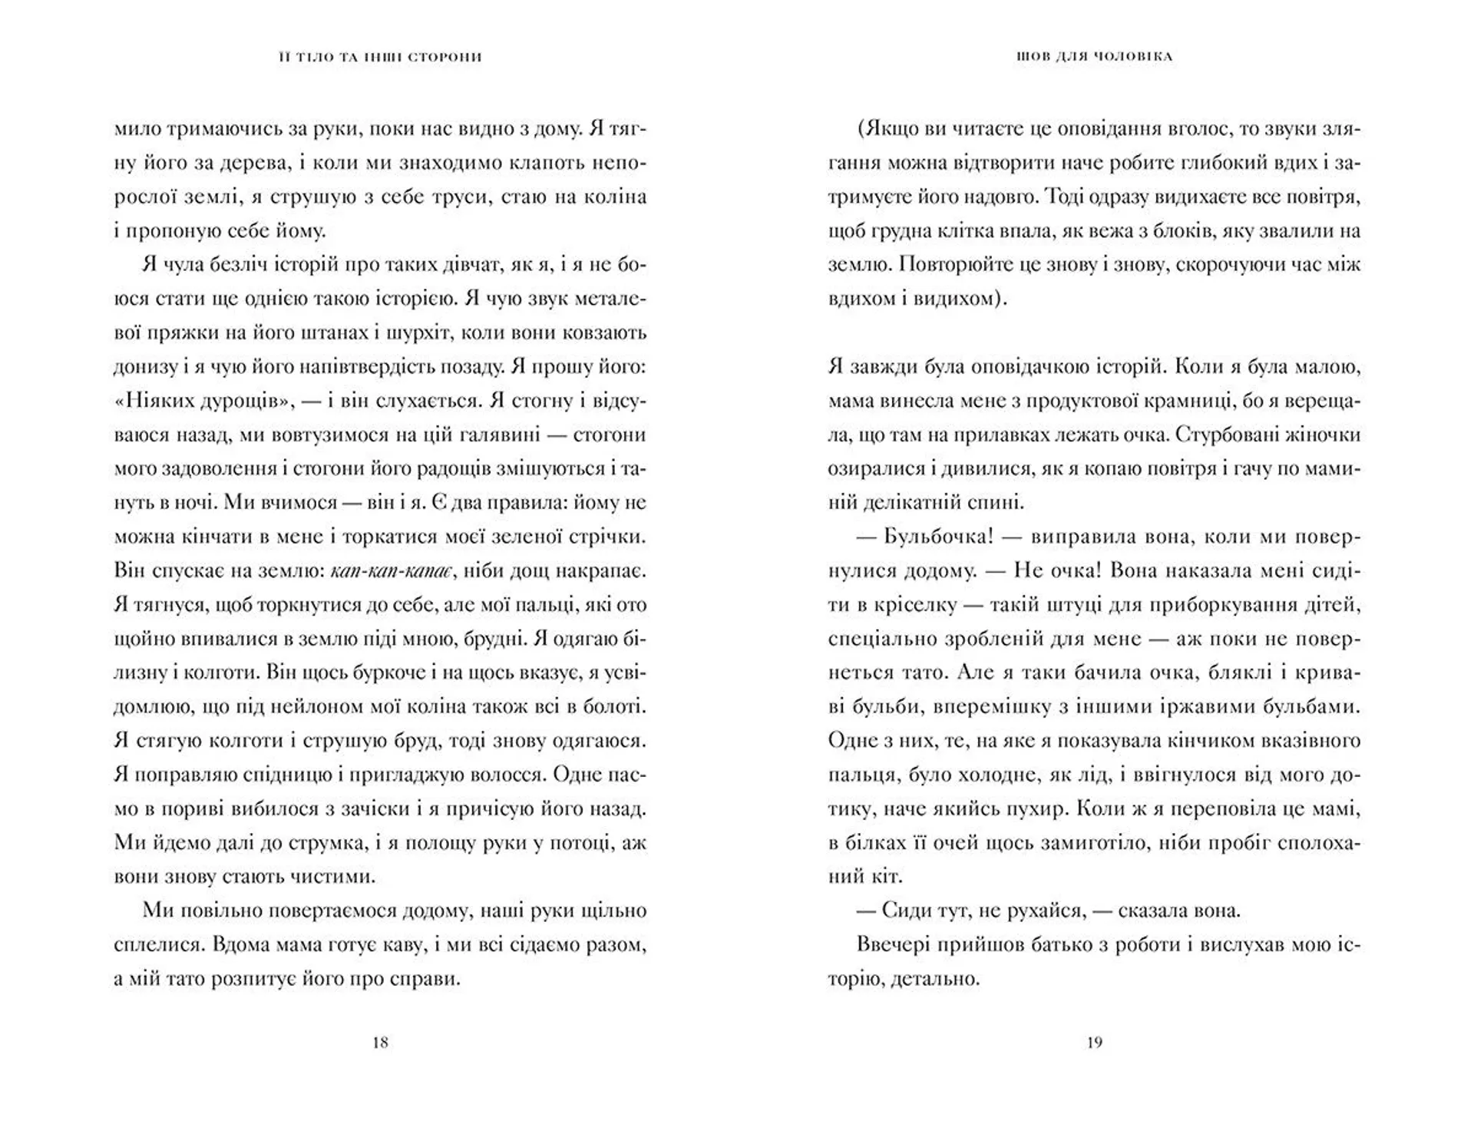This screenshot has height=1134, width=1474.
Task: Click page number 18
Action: tap(380, 1043)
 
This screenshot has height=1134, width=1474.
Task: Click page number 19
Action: tap(1095, 1043)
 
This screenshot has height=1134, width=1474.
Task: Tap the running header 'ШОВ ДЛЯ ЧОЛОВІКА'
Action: tap(1094, 57)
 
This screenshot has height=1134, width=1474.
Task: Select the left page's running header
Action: tap(380, 57)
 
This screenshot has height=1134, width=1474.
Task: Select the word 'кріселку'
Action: tap(913, 605)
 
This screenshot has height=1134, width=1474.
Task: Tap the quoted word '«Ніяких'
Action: tap(160, 401)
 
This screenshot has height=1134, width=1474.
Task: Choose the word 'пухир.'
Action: tap(1036, 809)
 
